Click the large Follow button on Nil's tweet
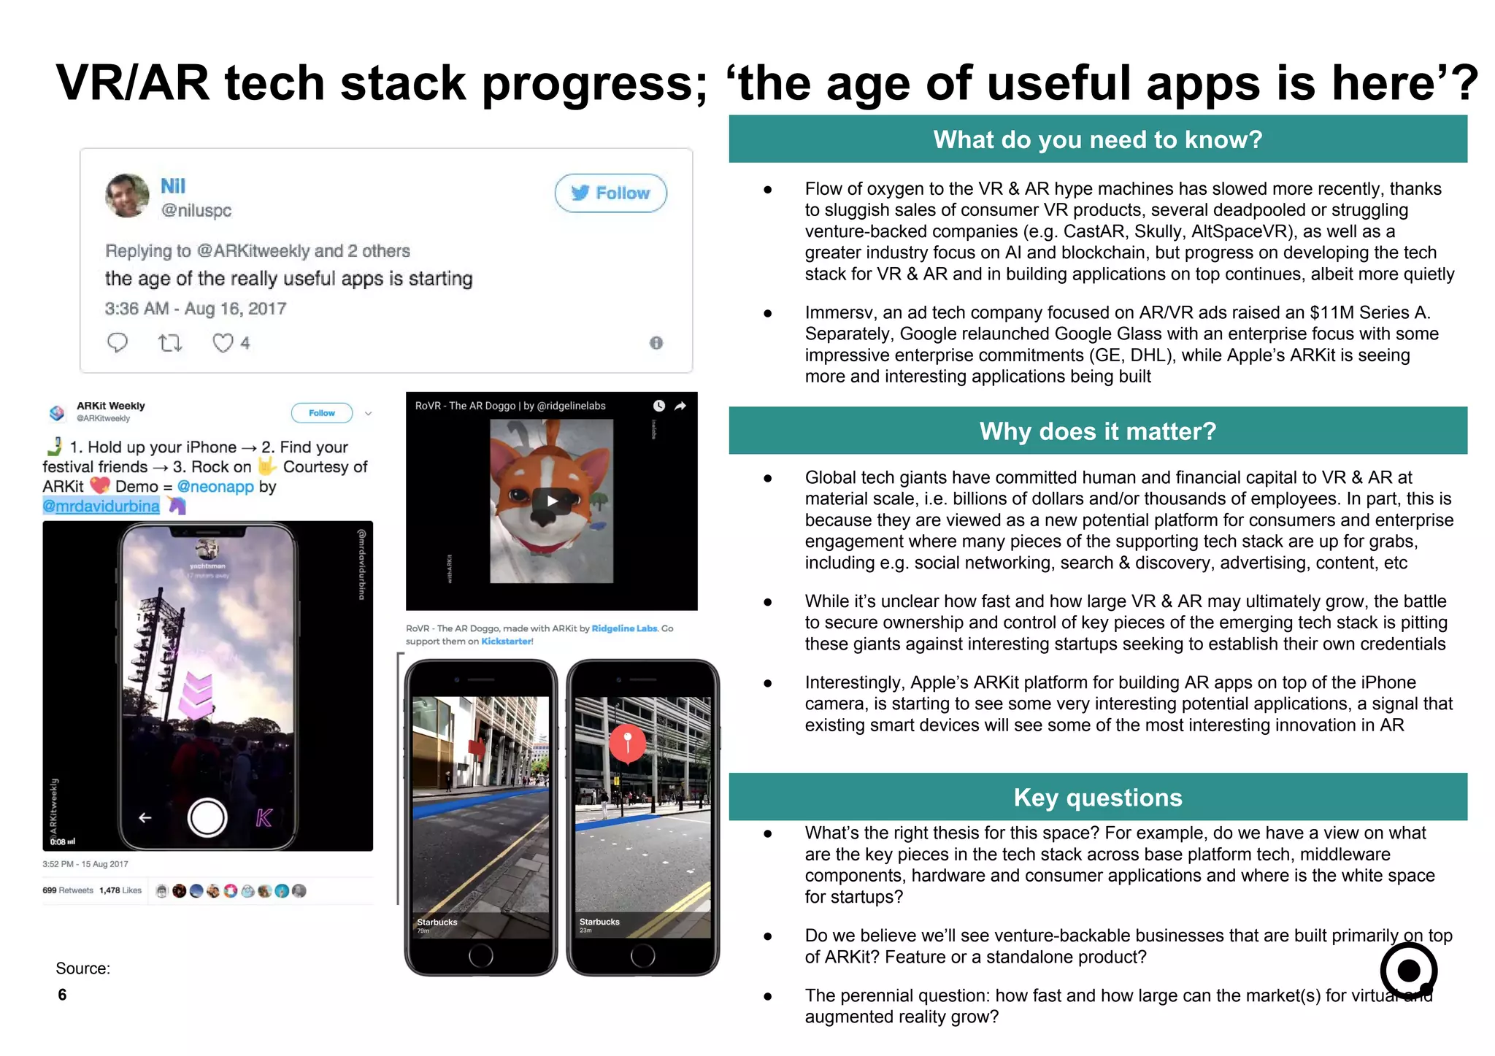point(610,193)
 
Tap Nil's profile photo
point(127,196)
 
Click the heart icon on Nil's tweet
point(223,342)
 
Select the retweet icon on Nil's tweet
point(170,342)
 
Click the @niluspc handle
point(196,211)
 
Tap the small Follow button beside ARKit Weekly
point(321,413)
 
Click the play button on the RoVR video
point(552,501)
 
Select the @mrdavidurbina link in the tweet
point(101,506)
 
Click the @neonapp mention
point(215,487)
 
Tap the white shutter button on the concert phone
point(207,817)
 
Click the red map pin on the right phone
point(627,743)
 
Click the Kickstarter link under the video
point(507,641)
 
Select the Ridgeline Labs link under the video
point(624,628)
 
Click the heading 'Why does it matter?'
point(1097,431)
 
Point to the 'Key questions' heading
point(1097,798)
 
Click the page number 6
point(62,995)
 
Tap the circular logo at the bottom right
point(1408,971)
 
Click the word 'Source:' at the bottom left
point(82,968)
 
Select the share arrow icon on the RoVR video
point(680,406)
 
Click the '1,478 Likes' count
point(120,890)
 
